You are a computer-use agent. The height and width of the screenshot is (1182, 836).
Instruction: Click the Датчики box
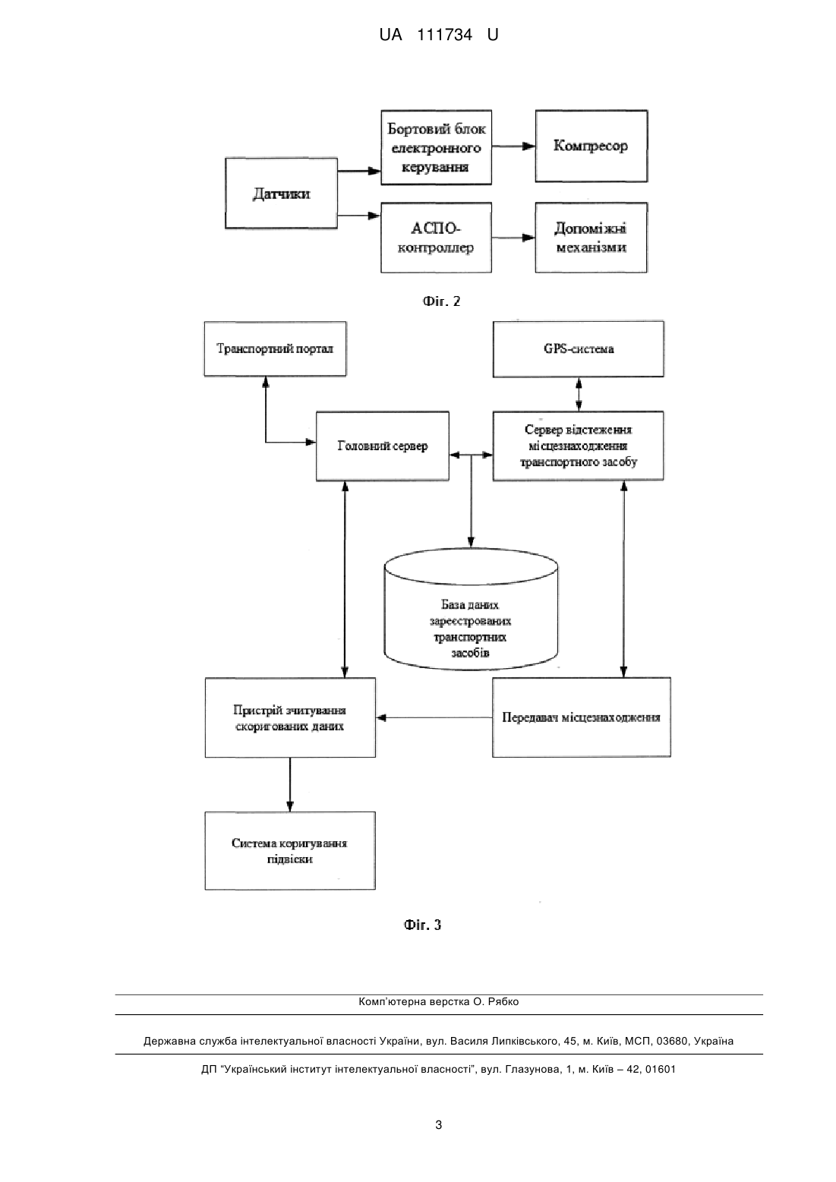click(281, 193)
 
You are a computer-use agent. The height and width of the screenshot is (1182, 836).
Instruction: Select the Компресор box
click(591, 147)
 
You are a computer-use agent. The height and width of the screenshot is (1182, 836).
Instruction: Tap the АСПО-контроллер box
click(436, 238)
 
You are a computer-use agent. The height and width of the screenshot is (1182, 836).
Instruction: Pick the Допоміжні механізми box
click(591, 238)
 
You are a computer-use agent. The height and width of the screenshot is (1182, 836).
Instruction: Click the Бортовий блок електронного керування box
click(436, 147)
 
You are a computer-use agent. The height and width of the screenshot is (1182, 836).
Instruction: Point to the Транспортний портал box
click(275, 348)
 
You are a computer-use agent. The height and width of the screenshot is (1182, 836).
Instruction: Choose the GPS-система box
click(579, 348)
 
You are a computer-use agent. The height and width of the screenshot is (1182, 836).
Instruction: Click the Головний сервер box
click(383, 446)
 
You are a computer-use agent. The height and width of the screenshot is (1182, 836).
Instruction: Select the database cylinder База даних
click(471, 610)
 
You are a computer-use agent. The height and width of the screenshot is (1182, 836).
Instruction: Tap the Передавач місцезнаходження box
click(582, 717)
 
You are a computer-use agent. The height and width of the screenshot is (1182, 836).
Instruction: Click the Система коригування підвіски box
click(290, 850)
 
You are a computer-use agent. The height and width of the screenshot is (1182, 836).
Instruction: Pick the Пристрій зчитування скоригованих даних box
click(290, 717)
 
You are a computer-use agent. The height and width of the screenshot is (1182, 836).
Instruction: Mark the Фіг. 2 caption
click(441, 301)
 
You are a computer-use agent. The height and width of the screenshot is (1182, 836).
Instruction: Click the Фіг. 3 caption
click(422, 925)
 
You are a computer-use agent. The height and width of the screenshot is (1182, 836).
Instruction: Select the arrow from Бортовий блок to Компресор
click(513, 147)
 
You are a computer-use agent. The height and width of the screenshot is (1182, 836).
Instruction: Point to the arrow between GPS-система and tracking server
click(579, 394)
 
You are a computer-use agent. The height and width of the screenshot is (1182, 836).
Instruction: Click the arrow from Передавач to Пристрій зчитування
click(434, 717)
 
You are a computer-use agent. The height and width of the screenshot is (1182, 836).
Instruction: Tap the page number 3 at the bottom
click(439, 1125)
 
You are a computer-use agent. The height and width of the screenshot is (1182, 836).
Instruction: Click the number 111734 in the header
click(444, 35)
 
